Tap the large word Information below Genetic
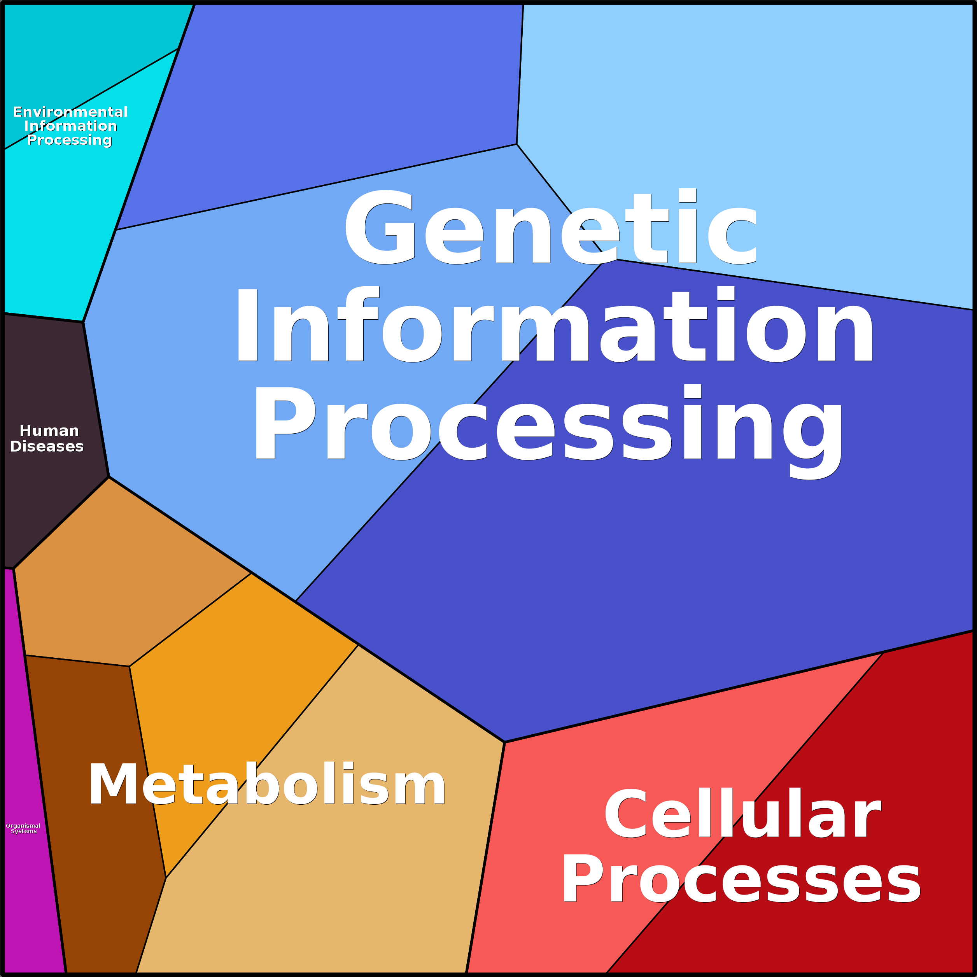click(554, 325)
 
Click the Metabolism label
click(267, 785)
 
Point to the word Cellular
click(743, 815)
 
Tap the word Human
click(49, 431)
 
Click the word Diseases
click(47, 446)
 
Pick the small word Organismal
click(23, 825)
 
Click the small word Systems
click(24, 832)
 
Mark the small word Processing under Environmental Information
click(69, 140)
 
